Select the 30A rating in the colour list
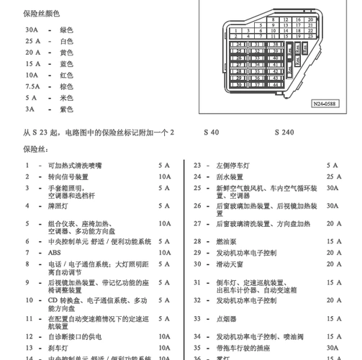pyautogui.click(x=30, y=30)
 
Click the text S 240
pyautogui.click(x=284, y=132)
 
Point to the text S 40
pyautogui.click(x=211, y=132)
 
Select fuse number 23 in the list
pyautogui.click(x=197, y=166)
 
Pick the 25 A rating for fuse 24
pyautogui.click(x=334, y=176)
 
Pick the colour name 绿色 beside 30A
pyautogui.click(x=66, y=30)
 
